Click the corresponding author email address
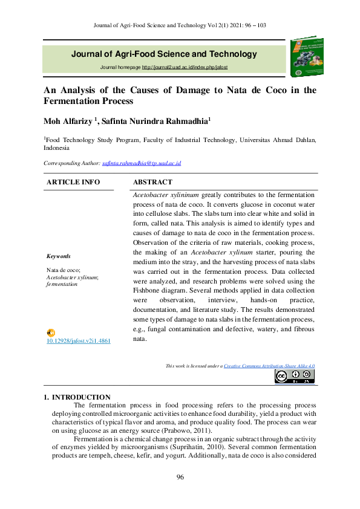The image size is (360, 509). (142, 163)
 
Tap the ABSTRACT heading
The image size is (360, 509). (152, 182)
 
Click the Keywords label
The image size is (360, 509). (59, 256)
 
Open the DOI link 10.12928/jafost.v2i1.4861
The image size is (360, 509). (79, 341)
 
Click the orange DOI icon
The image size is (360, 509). (51, 333)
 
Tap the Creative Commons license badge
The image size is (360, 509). (294, 377)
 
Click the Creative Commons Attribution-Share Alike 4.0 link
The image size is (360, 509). (269, 366)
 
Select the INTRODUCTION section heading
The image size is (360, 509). (81, 397)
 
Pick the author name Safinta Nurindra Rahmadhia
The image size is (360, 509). (155, 121)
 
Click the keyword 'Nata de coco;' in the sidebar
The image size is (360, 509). (64, 270)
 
